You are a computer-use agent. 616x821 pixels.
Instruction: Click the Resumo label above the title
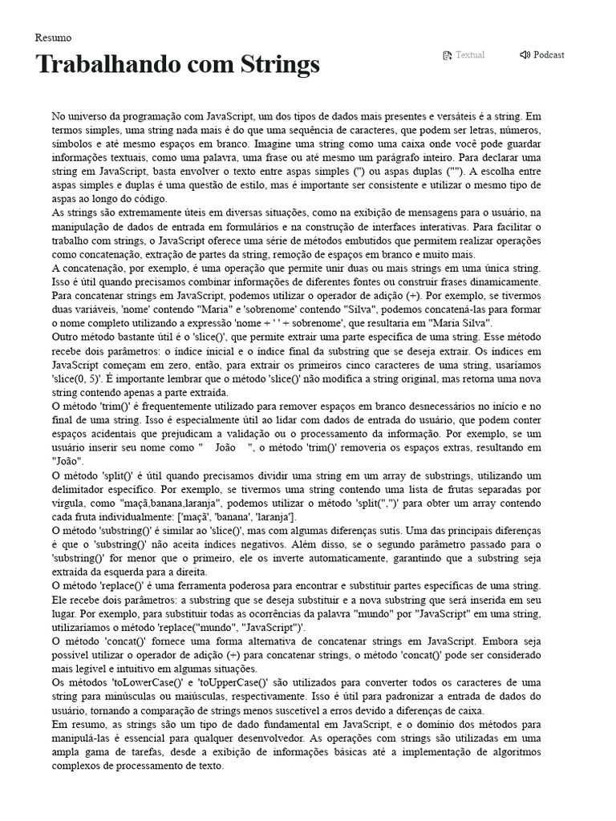(x=53, y=38)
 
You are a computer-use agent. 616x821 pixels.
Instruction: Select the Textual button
(x=470, y=55)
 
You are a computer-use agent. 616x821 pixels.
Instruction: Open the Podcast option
(x=549, y=55)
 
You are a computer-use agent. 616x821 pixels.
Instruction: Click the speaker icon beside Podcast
(x=525, y=55)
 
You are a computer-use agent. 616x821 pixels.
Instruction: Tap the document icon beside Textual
(x=448, y=55)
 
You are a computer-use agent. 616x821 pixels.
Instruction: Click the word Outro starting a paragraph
(x=67, y=337)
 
